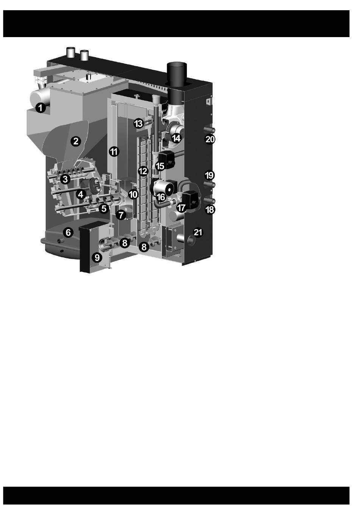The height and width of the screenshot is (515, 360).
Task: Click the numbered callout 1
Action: point(41,108)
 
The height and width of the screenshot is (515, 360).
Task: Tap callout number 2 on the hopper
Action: point(76,141)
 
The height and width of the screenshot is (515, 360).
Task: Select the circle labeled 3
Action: point(65,179)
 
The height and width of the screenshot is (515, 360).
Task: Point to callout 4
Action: point(80,195)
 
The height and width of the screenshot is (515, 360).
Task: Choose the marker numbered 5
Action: point(104,209)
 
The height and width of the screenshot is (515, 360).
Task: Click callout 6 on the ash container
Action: point(68,233)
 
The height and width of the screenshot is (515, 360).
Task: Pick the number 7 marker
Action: point(121,215)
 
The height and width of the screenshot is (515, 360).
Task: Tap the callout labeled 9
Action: point(97,257)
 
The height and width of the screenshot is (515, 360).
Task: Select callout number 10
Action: point(133,195)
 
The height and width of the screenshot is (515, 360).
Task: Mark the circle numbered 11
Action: point(114,151)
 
